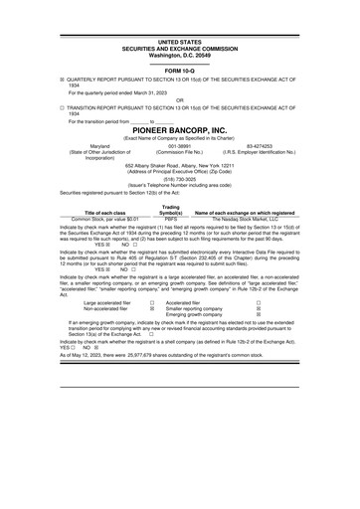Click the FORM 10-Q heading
[x=180, y=72]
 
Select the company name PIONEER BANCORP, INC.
[x=180, y=129]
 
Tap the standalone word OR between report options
[x=180, y=99]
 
